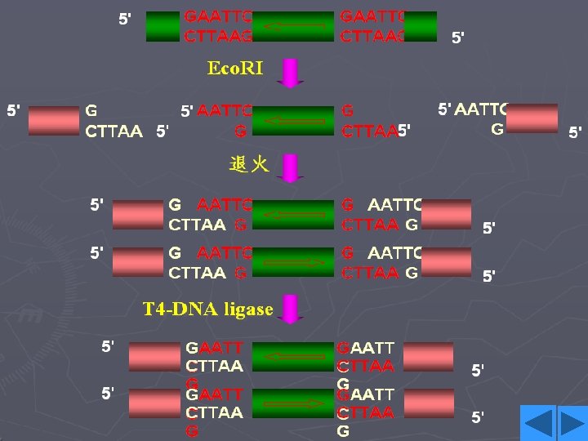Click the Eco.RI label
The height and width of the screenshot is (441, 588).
[235, 69]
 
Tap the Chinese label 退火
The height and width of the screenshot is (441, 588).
[248, 165]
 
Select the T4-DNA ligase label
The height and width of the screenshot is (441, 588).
[207, 309]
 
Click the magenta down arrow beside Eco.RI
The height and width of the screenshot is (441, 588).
[290, 72]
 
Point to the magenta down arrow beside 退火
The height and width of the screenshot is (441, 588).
[290, 167]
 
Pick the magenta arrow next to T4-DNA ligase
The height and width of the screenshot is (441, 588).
[290, 310]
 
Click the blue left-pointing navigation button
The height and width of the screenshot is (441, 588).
[538, 423]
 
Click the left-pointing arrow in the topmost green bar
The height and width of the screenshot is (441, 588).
[294, 27]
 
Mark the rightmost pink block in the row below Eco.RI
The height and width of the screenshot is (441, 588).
[532, 118]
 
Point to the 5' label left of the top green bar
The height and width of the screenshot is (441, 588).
[126, 18]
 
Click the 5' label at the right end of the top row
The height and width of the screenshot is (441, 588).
[459, 37]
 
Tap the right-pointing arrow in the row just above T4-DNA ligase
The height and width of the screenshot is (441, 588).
[294, 263]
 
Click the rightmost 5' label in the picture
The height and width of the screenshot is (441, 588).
[576, 131]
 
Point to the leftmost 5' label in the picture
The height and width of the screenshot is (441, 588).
[14, 109]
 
